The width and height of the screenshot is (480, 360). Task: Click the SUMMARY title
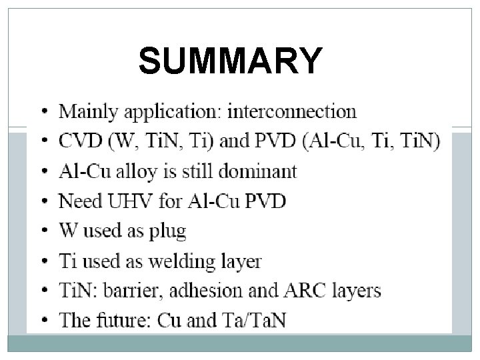coord(230,61)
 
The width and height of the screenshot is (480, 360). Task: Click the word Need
coord(78,201)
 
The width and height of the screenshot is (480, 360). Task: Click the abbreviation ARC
coord(297,291)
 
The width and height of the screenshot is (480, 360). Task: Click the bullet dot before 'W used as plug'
coord(43,232)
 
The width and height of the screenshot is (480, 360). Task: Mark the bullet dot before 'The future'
coord(43,321)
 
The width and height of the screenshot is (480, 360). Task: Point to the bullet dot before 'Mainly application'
coord(43,112)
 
